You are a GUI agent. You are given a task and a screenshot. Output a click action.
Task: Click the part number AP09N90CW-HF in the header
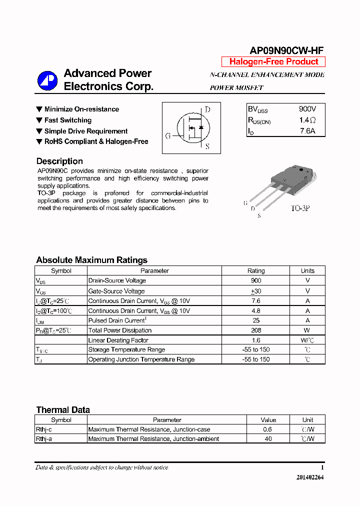[x=286, y=50]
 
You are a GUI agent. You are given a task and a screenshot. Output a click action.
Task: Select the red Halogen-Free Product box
[x=273, y=62]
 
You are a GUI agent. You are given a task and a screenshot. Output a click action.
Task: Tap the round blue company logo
[x=48, y=80]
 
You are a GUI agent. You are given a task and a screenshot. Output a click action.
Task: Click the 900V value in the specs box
[x=307, y=109]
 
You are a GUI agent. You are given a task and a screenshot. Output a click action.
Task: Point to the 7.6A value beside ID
[x=307, y=131]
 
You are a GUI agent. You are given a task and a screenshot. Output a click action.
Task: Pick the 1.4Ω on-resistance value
[x=307, y=120]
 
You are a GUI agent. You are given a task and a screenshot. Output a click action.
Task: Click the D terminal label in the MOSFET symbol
[x=207, y=110]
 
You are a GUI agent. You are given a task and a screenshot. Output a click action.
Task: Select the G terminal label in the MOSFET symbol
[x=168, y=135]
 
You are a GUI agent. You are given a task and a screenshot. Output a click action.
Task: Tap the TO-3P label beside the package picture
[x=300, y=207]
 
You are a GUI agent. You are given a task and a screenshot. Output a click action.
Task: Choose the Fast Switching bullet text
[x=68, y=120]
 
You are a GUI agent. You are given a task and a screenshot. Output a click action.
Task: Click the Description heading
[x=59, y=161]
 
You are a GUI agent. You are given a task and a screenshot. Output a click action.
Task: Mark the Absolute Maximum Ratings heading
[x=91, y=260]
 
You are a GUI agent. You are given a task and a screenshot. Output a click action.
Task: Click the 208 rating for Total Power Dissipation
[x=256, y=330]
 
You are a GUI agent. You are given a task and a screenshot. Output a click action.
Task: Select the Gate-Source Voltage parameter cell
[x=116, y=291]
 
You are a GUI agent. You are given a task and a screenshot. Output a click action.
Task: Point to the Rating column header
[x=256, y=270]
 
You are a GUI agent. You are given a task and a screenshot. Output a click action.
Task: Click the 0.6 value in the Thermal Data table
[x=268, y=429]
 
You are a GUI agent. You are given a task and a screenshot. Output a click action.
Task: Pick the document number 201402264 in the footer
[x=310, y=477]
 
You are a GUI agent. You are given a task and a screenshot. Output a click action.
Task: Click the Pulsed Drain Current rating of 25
[x=256, y=320]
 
